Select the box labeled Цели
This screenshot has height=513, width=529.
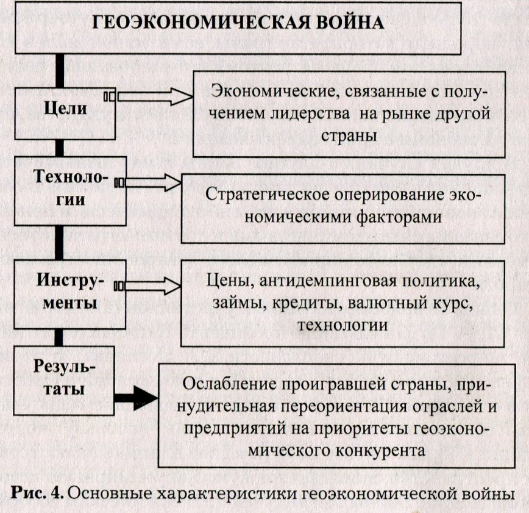coord(65,114)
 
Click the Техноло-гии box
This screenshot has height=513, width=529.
coord(70,191)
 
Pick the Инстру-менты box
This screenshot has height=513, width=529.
coord(70,295)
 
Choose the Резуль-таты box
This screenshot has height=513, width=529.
coord(64,381)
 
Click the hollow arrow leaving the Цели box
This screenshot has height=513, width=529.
coord(149,96)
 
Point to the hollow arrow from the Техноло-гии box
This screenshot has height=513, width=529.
coord(147,183)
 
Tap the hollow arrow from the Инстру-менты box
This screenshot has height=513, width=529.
coord(147,286)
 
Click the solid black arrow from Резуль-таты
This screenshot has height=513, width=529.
coord(136,398)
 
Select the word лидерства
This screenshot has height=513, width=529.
coord(310,113)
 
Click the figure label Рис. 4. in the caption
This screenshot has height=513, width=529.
coord(38,494)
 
